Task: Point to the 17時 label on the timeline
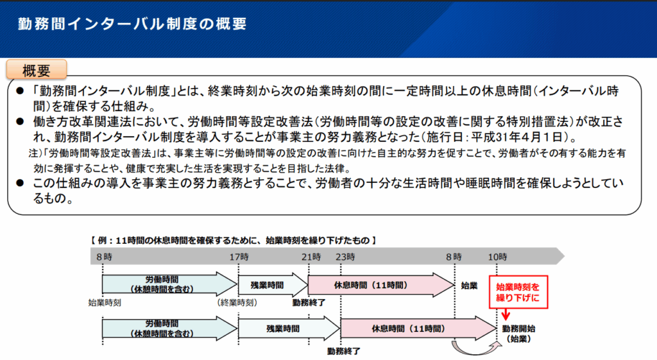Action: click(238, 257)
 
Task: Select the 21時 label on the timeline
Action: click(311, 257)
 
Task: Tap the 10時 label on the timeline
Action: click(498, 257)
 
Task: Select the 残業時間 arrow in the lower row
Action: click(287, 328)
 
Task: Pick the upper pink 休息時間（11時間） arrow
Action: click(380, 284)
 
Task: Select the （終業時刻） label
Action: click(238, 301)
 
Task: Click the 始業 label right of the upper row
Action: click(470, 284)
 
